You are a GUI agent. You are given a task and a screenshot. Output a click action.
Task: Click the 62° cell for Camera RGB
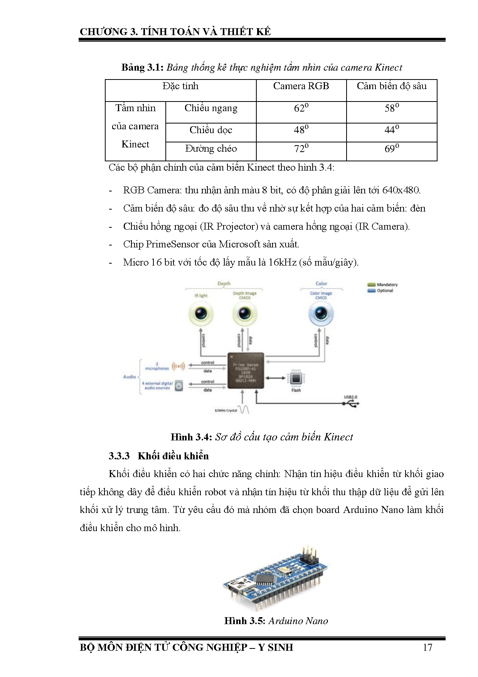pos(301,108)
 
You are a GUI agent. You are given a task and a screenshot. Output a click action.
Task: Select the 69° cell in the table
pos(391,149)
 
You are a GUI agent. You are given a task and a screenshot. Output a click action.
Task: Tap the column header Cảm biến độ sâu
pos(391,86)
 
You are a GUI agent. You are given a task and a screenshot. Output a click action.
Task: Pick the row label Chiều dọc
pos(210,130)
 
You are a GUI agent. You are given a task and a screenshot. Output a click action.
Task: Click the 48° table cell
pos(301,130)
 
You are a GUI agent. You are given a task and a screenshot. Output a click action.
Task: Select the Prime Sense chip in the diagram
pos(246,370)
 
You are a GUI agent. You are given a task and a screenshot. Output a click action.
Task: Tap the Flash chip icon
pos(296,378)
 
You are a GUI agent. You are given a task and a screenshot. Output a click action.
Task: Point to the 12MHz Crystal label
pos(226,410)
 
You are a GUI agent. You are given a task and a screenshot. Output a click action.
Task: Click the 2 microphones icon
pos(178,366)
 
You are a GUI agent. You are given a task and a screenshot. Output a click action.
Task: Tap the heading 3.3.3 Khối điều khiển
pos(158,456)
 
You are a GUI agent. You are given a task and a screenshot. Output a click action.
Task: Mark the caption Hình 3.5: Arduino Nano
pos(276,621)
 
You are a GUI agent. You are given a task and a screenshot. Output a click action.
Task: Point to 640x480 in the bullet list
pos(401,190)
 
